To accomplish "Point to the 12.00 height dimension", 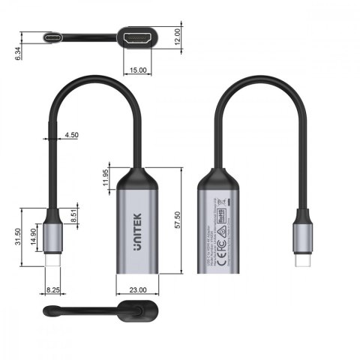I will pyautogui.click(x=176, y=37).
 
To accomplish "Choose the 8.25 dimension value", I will pyautogui.click(x=52, y=288).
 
